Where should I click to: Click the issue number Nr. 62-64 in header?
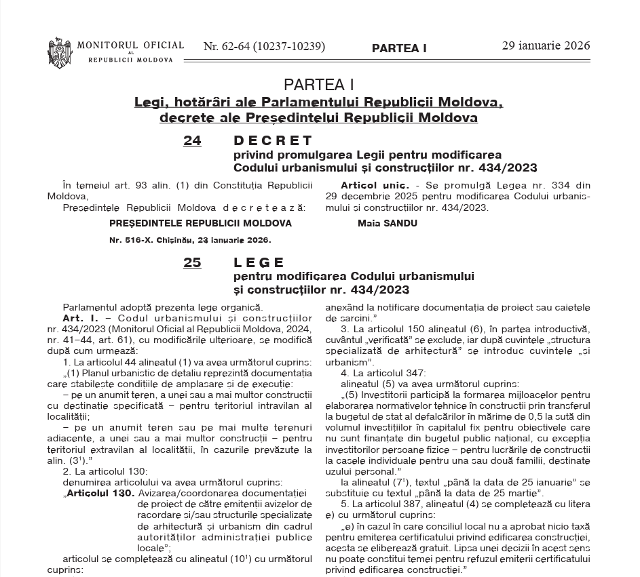pyautogui.click(x=264, y=47)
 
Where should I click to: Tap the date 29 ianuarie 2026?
pyautogui.click(x=546, y=46)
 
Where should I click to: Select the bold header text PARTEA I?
pyautogui.click(x=399, y=48)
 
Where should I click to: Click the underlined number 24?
pyautogui.click(x=192, y=141)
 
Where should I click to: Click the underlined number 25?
pyautogui.click(x=192, y=263)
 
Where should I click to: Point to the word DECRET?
pyautogui.click(x=273, y=141)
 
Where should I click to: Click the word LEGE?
pyautogui.click(x=259, y=263)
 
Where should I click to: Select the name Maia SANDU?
pyautogui.click(x=387, y=223)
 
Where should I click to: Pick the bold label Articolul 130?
pyautogui.click(x=99, y=492)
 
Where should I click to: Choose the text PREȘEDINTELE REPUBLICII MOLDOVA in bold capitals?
pyautogui.click(x=200, y=223)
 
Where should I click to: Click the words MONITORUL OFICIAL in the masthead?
pyautogui.click(x=130, y=45)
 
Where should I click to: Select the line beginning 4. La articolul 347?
pyautogui.click(x=383, y=373)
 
